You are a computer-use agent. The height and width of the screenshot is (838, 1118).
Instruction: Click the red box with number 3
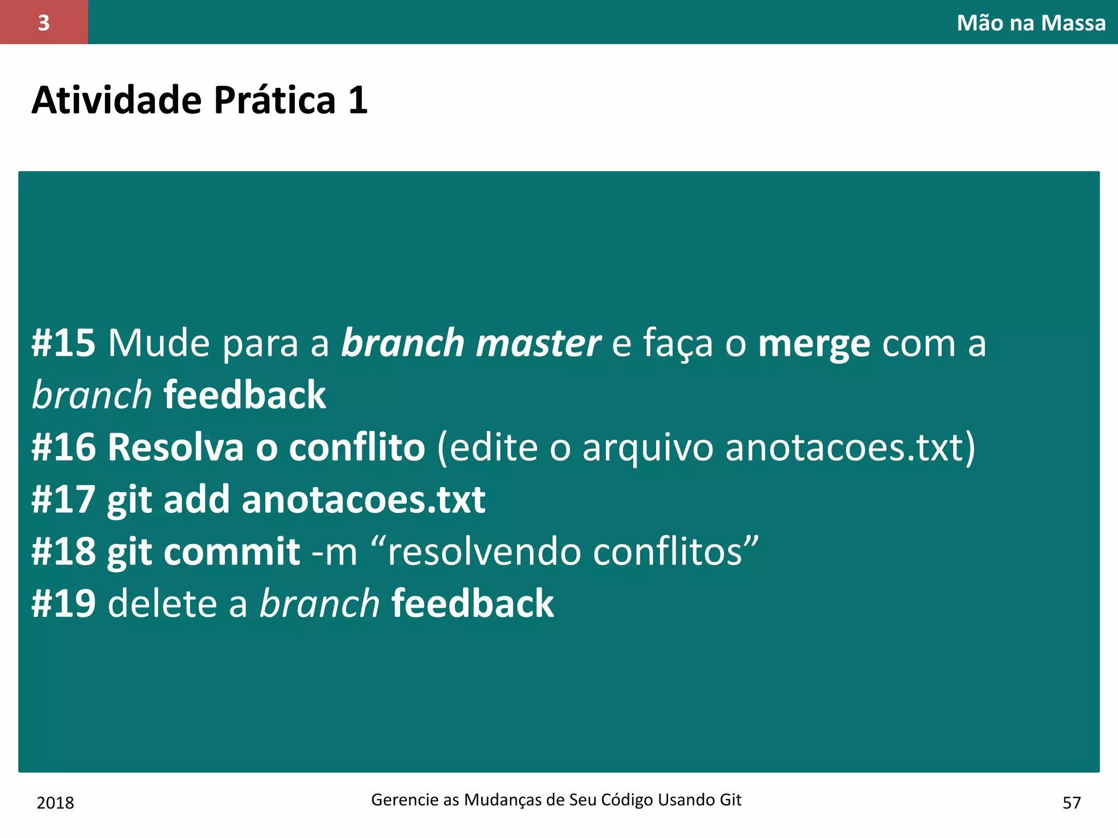click(x=44, y=22)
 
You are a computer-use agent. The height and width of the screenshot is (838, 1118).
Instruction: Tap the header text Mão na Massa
click(x=1031, y=23)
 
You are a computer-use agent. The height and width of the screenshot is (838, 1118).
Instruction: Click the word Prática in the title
click(x=274, y=100)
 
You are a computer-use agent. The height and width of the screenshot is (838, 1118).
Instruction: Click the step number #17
click(x=63, y=500)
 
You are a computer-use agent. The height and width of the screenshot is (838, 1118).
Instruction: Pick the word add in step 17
click(x=197, y=500)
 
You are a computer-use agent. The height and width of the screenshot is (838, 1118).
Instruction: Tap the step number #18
click(x=63, y=552)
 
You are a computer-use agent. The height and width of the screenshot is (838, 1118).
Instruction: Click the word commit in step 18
click(x=231, y=552)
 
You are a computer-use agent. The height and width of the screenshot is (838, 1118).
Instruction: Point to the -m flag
click(x=334, y=552)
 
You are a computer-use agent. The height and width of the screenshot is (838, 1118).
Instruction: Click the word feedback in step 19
click(x=472, y=604)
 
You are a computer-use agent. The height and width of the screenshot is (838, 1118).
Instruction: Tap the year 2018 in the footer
click(x=55, y=803)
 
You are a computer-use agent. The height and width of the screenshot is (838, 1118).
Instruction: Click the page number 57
click(x=1072, y=803)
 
